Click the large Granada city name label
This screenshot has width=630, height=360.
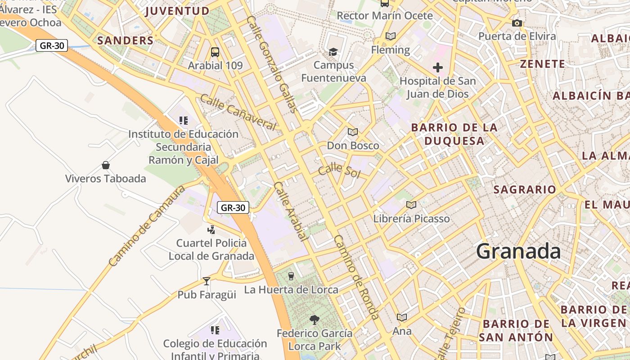(x=518, y=251)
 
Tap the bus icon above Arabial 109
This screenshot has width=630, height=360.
(x=215, y=52)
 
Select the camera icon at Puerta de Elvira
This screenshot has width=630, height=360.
(x=517, y=23)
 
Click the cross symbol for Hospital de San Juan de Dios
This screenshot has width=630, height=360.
(x=437, y=67)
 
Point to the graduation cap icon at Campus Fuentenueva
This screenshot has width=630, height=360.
(x=333, y=52)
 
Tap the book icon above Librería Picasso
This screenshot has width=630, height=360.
(x=411, y=205)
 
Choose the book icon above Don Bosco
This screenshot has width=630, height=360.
(x=353, y=132)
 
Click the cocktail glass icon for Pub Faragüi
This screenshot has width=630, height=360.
(x=207, y=281)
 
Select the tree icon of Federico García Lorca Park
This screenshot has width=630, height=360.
(x=315, y=320)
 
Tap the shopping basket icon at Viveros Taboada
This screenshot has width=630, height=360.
(x=106, y=165)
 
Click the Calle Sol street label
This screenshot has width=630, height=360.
(x=339, y=171)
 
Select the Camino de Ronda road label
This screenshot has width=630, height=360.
(x=357, y=277)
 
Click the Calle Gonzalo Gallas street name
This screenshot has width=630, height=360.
(x=272, y=64)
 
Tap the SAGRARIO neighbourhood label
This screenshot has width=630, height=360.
(x=525, y=189)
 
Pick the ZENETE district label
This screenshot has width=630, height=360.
(x=542, y=64)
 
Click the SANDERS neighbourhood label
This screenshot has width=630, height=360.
(x=126, y=40)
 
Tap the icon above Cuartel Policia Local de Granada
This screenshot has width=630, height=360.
(x=211, y=230)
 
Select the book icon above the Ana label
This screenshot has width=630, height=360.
(x=402, y=317)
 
